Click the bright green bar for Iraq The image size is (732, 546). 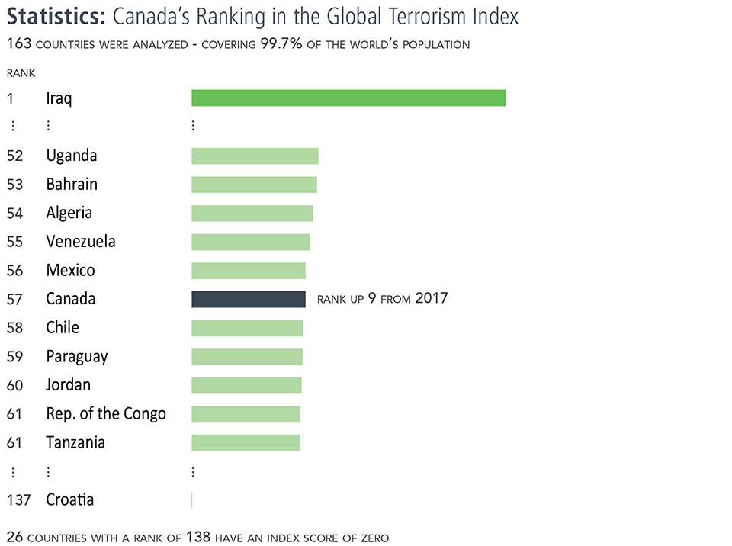pos(348,98)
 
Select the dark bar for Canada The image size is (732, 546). pos(248,299)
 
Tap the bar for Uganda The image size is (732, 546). pos(255,156)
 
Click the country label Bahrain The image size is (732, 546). pos(72,185)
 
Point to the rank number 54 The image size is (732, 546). pos(14,214)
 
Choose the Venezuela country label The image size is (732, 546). pos(81,242)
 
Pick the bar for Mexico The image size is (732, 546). pos(248,271)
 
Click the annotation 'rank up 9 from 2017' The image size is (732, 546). pos(382,298)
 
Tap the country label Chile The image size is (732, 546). pos(63,328)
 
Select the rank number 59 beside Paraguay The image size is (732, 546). pos(14,357)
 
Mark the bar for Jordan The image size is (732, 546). pos(246,385)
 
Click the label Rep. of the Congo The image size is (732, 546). pos(106,414)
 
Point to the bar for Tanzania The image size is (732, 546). pos(246,443)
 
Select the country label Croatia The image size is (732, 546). pos(70,500)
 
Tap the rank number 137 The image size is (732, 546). pos(18,500)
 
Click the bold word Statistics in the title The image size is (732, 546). pos(56,17)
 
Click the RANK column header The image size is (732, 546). pos(21,73)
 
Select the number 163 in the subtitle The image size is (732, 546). pos(19,44)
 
